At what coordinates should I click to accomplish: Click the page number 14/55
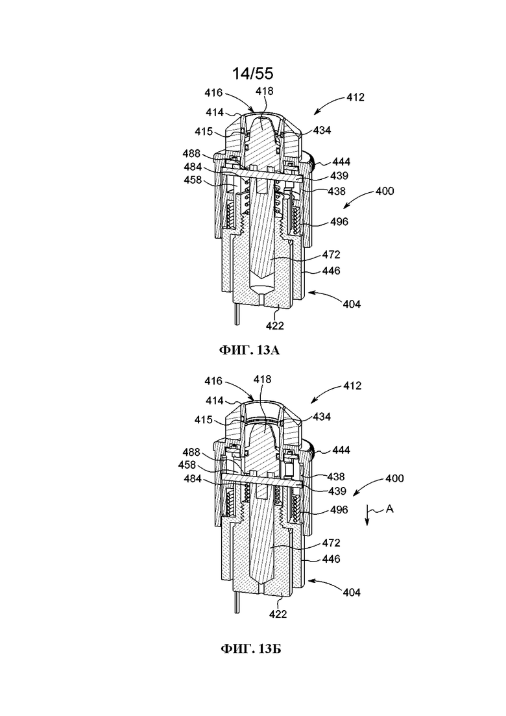(x=253, y=73)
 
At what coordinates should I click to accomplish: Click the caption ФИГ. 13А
(x=249, y=351)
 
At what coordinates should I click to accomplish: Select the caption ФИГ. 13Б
(x=251, y=648)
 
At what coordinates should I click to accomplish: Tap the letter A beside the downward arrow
(x=390, y=508)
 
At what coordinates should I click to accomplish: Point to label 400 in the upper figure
(x=385, y=190)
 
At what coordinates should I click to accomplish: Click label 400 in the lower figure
(x=394, y=478)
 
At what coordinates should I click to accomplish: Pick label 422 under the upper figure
(x=274, y=326)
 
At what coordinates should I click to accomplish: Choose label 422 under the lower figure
(x=278, y=614)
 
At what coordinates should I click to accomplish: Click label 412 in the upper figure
(x=355, y=97)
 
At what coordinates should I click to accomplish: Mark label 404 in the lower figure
(x=352, y=592)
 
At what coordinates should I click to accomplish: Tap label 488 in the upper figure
(x=191, y=153)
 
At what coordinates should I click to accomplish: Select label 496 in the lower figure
(x=339, y=510)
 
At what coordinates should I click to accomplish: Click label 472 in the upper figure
(x=331, y=254)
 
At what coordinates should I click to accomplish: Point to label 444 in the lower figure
(x=341, y=451)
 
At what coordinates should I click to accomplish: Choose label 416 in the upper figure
(x=213, y=93)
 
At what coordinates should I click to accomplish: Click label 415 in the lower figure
(x=204, y=419)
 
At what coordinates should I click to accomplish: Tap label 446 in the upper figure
(x=331, y=271)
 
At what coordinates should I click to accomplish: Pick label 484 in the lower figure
(x=193, y=479)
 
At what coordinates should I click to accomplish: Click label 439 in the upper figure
(x=339, y=176)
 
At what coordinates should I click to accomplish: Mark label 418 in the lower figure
(x=262, y=379)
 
